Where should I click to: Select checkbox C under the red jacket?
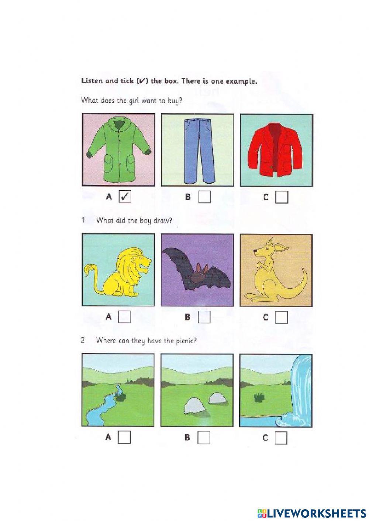282,197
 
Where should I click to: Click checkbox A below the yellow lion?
125,317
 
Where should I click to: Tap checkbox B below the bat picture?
204,317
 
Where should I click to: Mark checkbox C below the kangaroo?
282,317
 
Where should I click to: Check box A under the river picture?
125,437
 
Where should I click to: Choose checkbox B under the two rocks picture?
204,438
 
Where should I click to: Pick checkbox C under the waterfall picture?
281,438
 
